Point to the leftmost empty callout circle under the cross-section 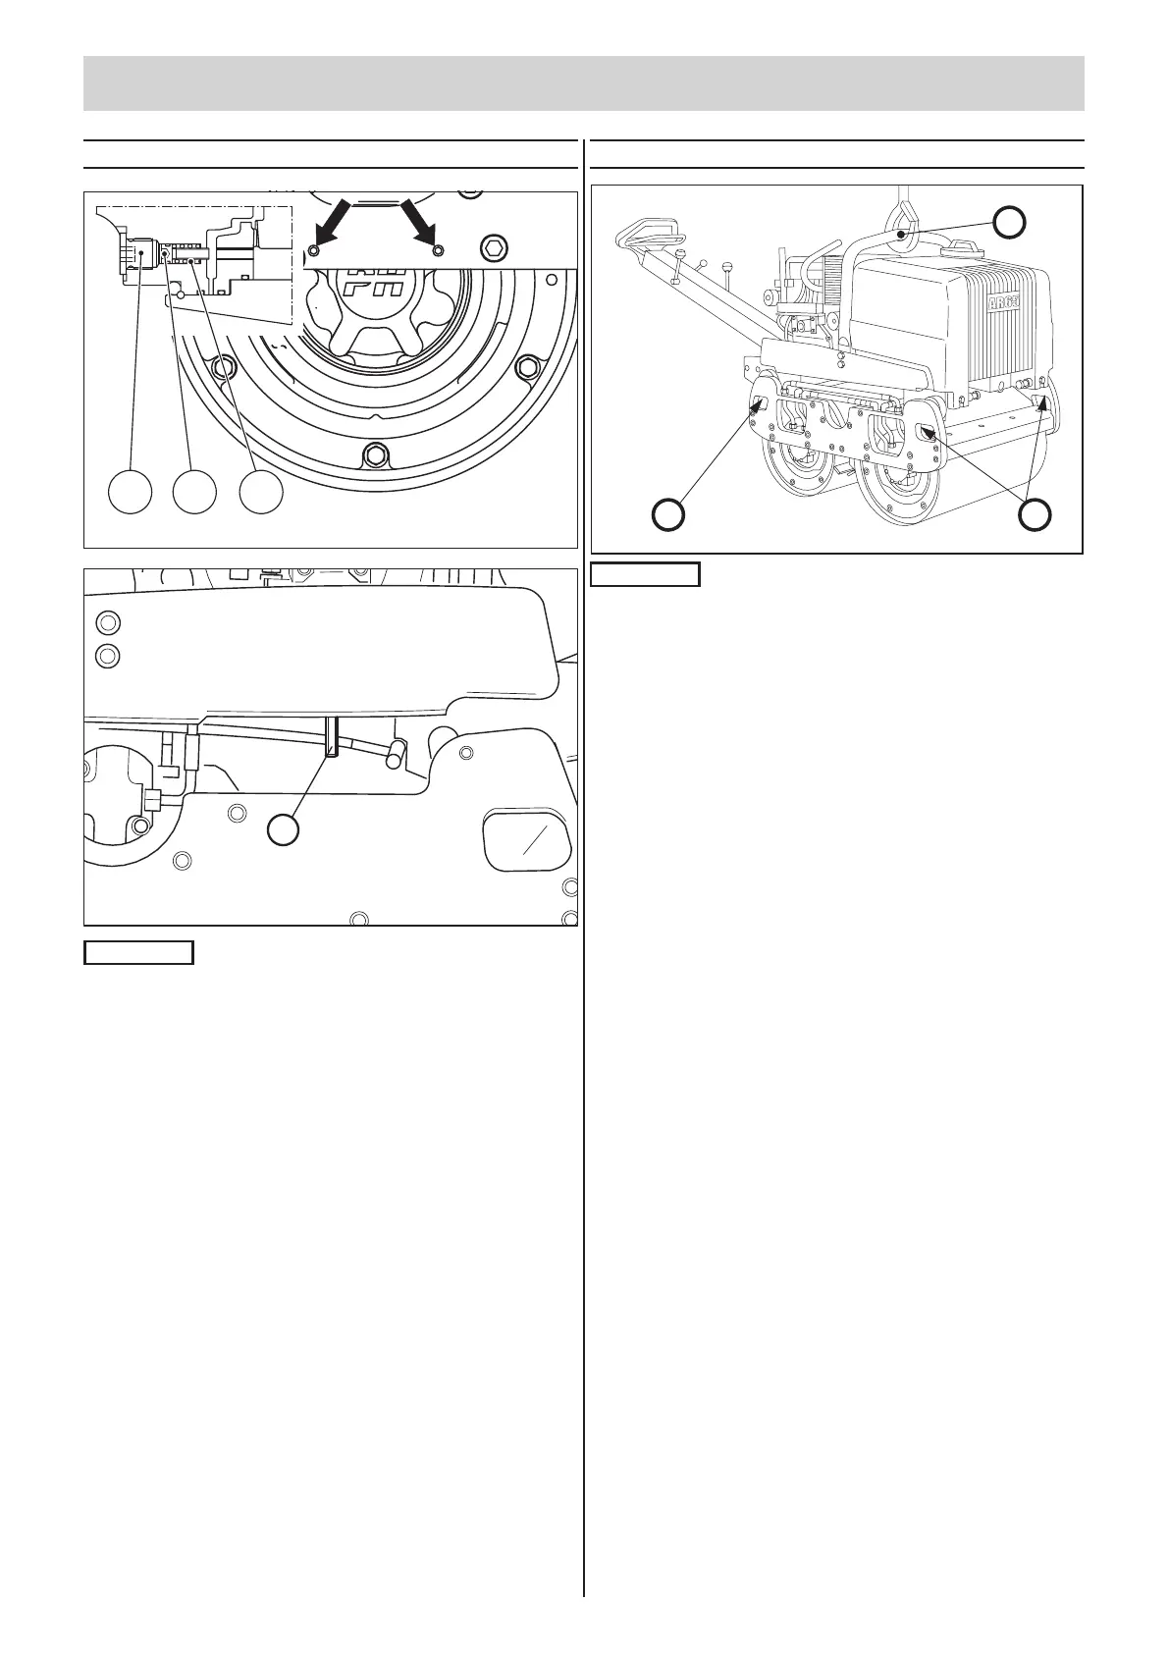[130, 492]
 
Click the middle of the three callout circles [194, 492]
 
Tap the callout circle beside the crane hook [1009, 223]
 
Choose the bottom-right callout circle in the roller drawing [1035, 513]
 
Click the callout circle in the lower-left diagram [285, 829]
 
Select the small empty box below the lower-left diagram [138, 952]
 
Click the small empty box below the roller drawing [645, 573]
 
